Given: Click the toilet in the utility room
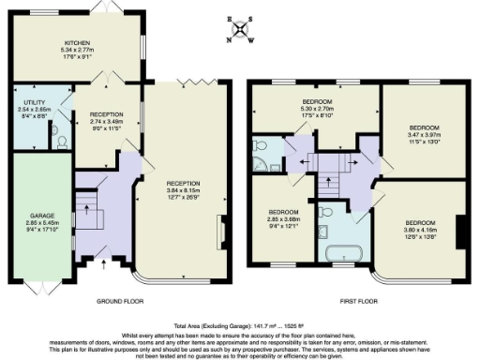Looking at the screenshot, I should pos(62,142).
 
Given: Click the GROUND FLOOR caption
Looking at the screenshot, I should pos(121,303).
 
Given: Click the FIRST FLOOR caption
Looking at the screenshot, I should pos(360,303).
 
